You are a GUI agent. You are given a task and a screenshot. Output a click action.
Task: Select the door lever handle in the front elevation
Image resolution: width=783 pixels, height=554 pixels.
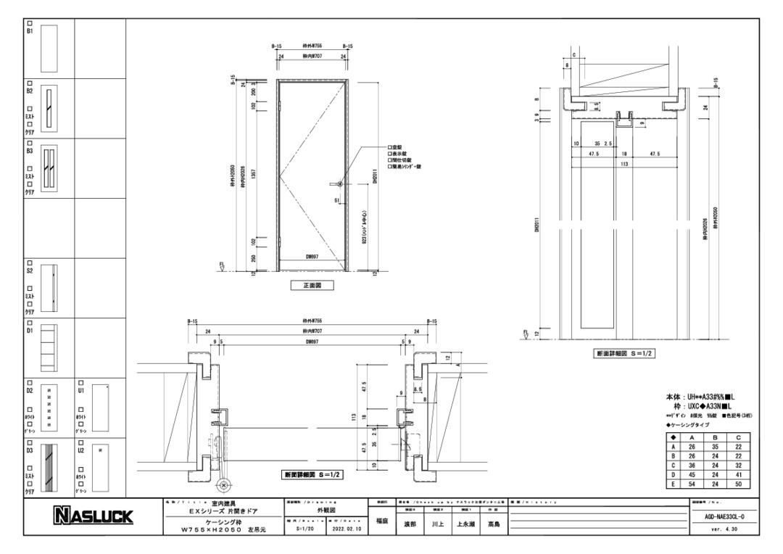336,184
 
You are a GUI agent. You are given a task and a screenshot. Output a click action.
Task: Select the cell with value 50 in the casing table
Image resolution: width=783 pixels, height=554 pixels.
738,483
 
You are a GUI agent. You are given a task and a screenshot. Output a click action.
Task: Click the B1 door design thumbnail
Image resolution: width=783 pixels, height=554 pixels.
49,47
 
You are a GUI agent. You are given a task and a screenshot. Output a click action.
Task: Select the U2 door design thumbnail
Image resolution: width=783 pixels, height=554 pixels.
101,464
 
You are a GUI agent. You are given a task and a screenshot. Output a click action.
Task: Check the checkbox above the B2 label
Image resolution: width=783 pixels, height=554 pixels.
30,83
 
